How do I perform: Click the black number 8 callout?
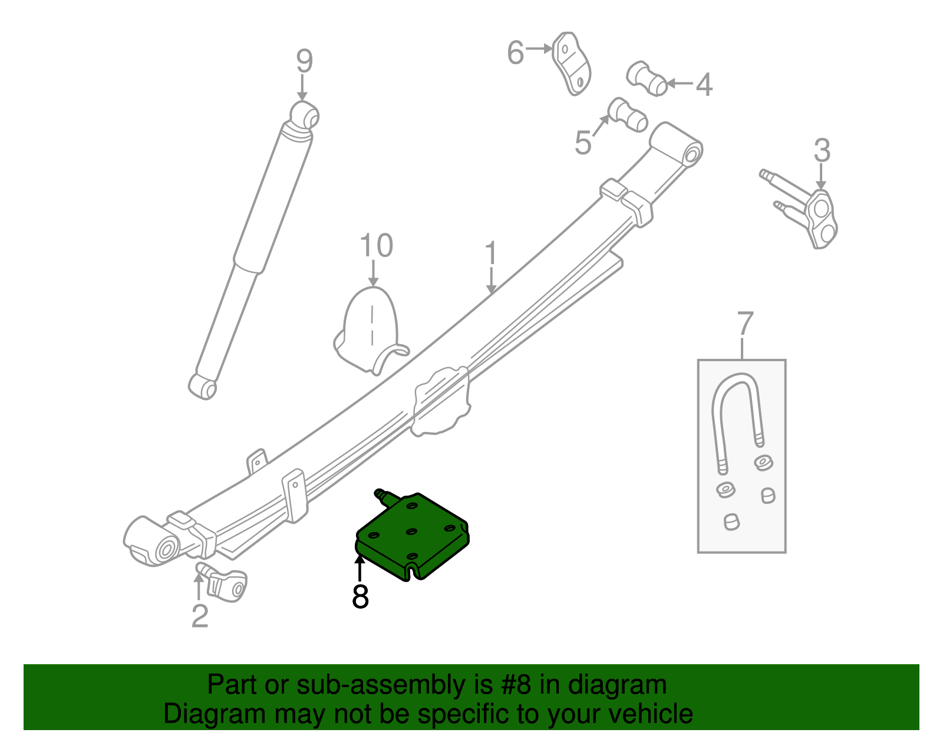pyautogui.click(x=360, y=596)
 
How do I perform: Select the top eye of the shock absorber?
pyautogui.click(x=305, y=114)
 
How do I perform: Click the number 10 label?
pyautogui.click(x=376, y=246)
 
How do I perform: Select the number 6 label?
pyautogui.click(x=515, y=53)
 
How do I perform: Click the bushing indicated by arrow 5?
pyautogui.click(x=628, y=114)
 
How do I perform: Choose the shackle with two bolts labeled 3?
pyautogui.click(x=813, y=212)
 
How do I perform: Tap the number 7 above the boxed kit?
pyautogui.click(x=745, y=324)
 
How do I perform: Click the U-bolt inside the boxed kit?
pyautogui.click(x=737, y=412)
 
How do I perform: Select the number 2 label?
pyautogui.click(x=200, y=616)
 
